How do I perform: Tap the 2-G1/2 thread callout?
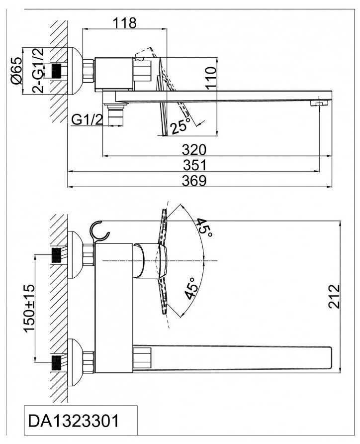pos(37,70)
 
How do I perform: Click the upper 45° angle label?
pos(203,228)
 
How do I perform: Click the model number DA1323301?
pos(74,421)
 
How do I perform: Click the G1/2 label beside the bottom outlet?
pos(87,119)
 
